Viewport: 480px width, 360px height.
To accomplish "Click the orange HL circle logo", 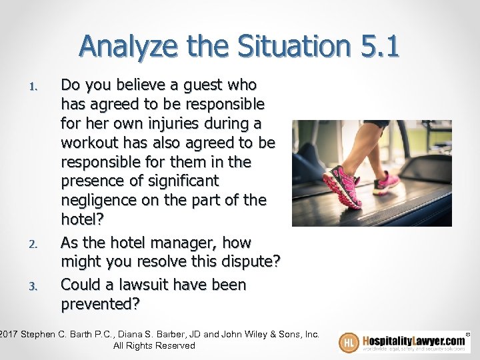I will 349,342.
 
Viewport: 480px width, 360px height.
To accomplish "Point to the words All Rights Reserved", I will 154,345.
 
